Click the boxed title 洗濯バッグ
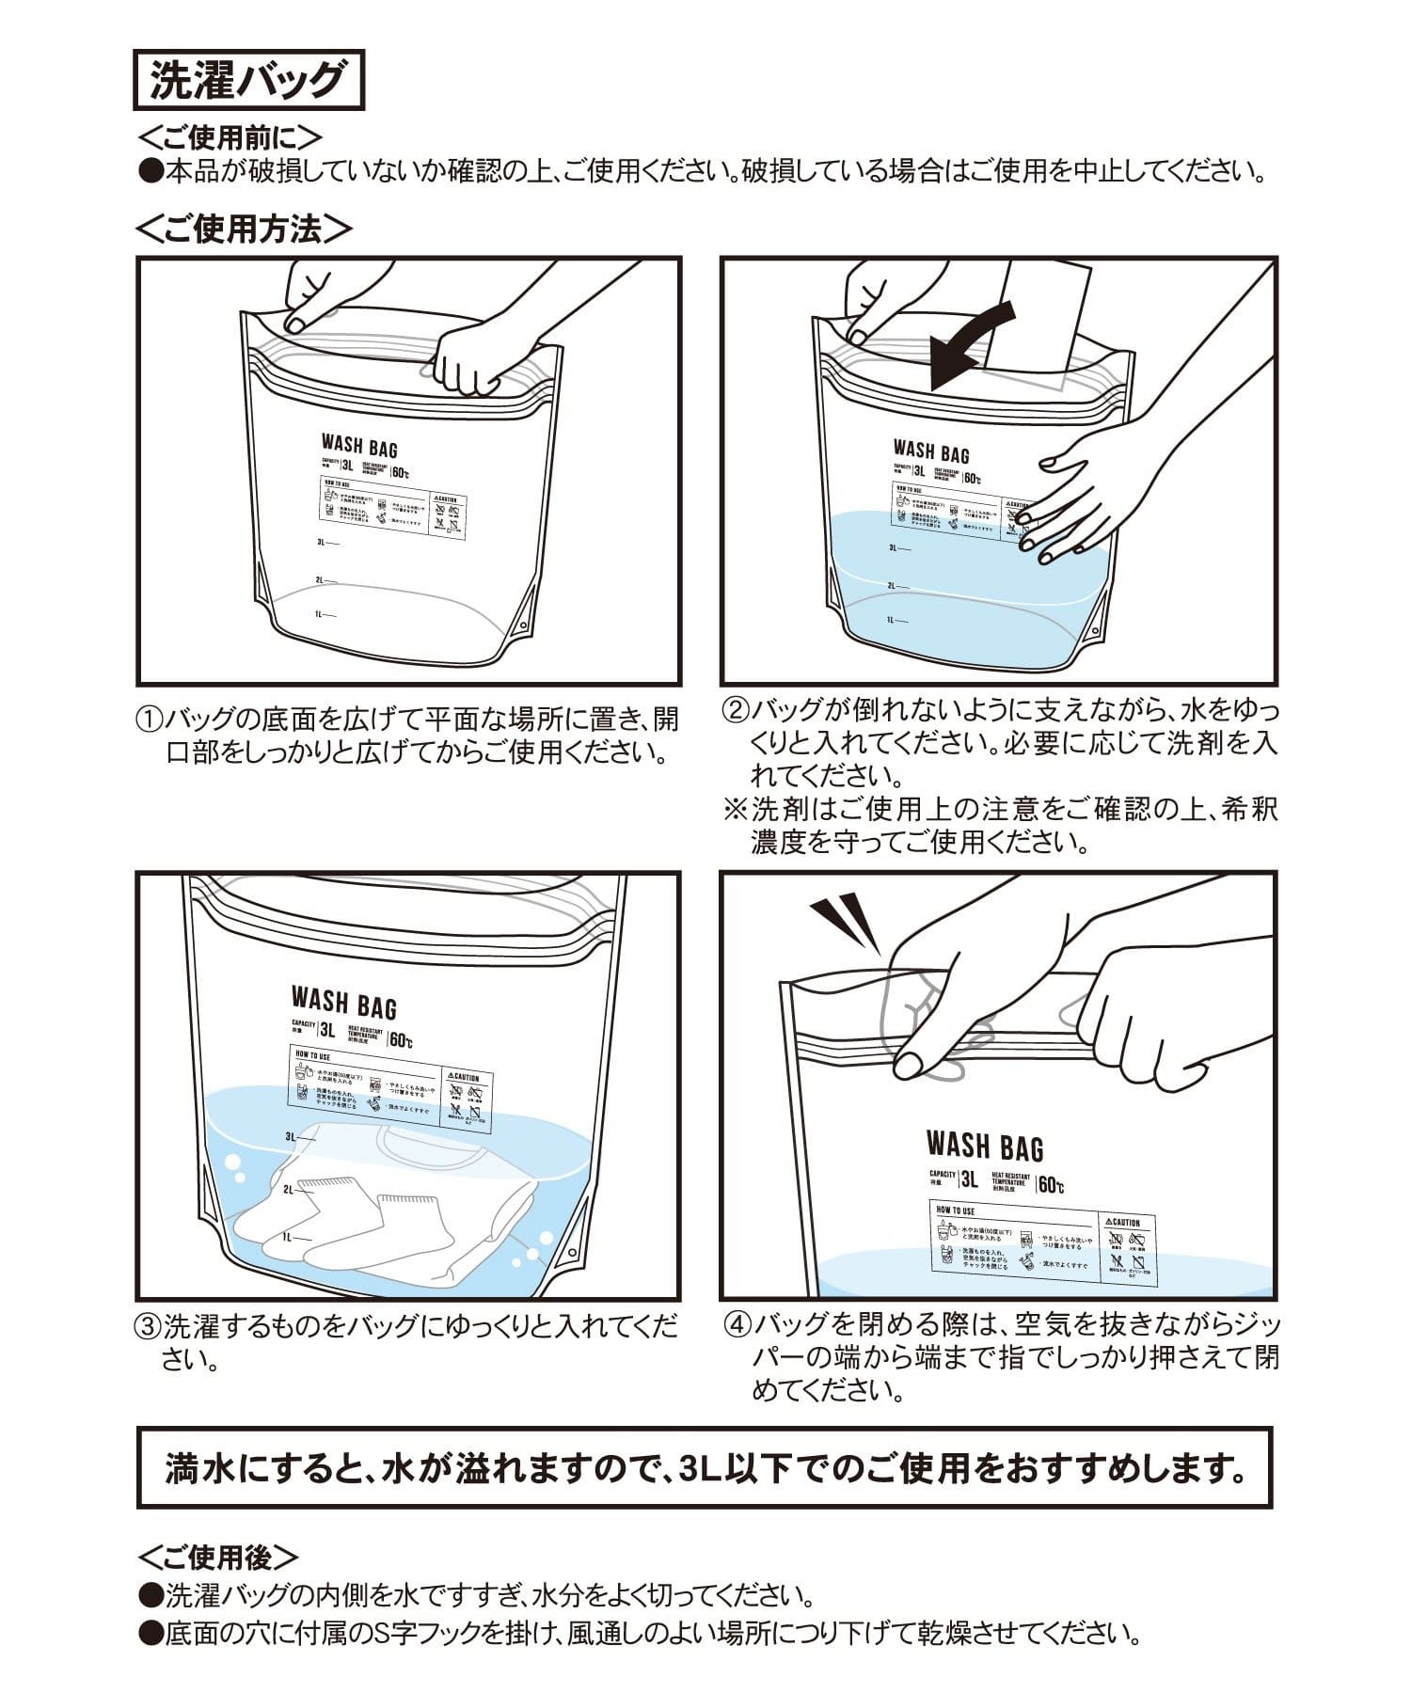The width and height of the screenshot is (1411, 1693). point(247,80)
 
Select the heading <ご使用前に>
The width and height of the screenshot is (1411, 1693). point(230,137)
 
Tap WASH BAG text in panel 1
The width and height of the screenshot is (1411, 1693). point(359,443)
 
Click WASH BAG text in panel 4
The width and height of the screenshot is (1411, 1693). point(985,1147)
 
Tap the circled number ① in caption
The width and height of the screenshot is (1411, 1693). point(151,720)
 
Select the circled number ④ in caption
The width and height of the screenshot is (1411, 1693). point(737,1327)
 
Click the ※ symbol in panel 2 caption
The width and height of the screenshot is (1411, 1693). point(735,808)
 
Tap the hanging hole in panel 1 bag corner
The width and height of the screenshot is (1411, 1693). point(524,628)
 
